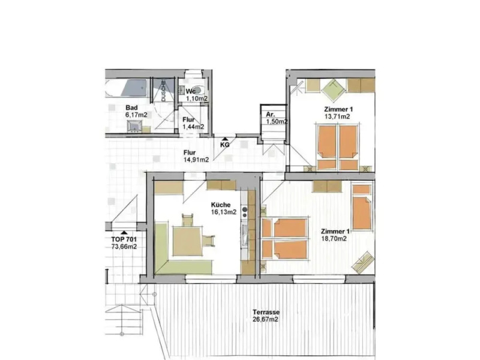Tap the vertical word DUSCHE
tap(163, 91)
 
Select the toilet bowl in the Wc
tap(191, 82)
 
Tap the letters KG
tap(224, 145)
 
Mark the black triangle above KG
tap(224, 138)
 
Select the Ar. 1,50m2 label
tap(275, 118)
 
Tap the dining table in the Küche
tap(188, 240)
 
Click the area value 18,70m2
tap(334, 238)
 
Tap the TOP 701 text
tap(124, 239)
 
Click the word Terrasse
tap(267, 312)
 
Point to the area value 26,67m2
tap(267, 319)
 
